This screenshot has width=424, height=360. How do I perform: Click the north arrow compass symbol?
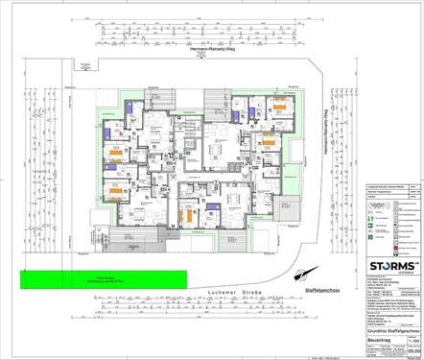tap(306, 276)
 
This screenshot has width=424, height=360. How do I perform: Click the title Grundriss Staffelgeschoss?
tap(382, 327)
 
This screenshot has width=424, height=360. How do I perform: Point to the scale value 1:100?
tap(413, 339)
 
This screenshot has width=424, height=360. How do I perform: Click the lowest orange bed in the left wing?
tap(112, 192)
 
